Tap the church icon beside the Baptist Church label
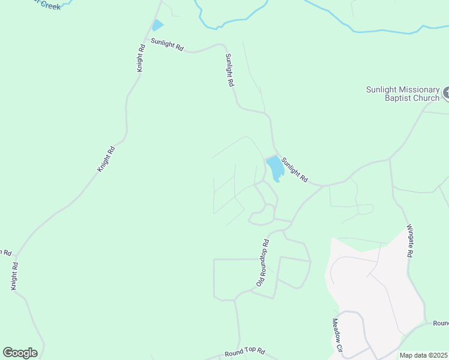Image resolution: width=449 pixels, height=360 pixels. (446, 93)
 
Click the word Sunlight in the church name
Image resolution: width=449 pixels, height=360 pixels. (382, 89)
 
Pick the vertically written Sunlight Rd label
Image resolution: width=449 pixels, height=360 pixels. (229, 71)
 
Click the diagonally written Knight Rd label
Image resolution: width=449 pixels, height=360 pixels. (106, 159)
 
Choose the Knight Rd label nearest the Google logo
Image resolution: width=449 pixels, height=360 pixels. (14, 276)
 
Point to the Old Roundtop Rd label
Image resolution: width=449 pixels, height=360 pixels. (263, 262)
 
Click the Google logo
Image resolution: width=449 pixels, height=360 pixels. (20, 353)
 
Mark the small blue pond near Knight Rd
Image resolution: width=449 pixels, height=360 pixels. (157, 25)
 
